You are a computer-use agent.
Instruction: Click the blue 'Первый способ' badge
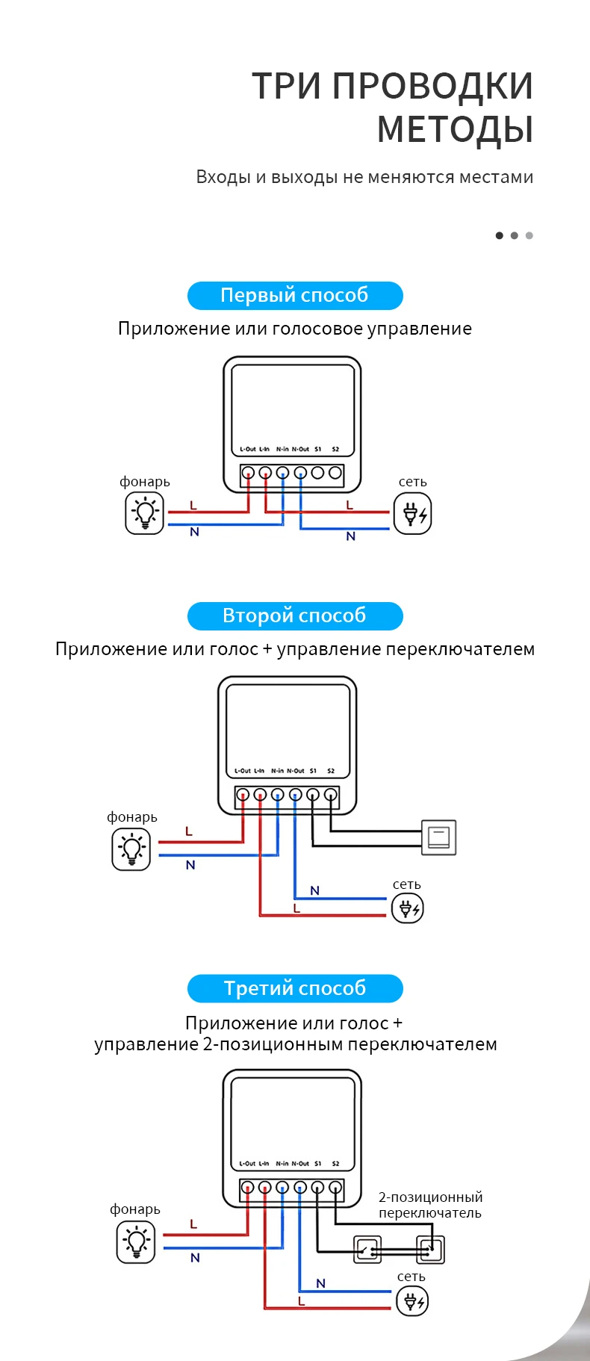point(295,295)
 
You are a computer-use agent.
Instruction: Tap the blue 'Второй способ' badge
point(295,616)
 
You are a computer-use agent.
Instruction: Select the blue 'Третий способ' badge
point(295,988)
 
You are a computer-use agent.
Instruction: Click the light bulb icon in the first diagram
point(144,513)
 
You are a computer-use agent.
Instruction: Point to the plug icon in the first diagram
point(412,515)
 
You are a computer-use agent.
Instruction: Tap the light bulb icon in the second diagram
point(131,850)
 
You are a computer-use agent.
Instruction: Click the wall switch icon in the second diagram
point(438,837)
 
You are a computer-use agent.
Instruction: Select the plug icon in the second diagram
point(407,908)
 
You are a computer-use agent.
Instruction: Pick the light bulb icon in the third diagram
point(136,1243)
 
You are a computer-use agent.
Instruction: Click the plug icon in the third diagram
point(412,1302)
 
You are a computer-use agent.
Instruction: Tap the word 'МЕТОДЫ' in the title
point(455,128)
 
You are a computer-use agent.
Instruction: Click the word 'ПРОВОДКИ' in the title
point(432,86)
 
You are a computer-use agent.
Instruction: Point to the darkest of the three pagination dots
point(500,235)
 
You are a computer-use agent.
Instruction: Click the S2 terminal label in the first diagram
point(335,450)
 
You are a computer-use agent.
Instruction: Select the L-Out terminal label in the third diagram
point(247,1164)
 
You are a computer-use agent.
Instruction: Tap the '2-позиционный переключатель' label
point(430,1205)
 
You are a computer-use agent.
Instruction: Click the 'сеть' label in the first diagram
point(412,482)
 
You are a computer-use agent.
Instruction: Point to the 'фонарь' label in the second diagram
point(132,817)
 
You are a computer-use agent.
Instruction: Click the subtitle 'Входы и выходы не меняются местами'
point(364,177)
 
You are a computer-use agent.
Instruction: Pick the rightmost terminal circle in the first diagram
point(335,473)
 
